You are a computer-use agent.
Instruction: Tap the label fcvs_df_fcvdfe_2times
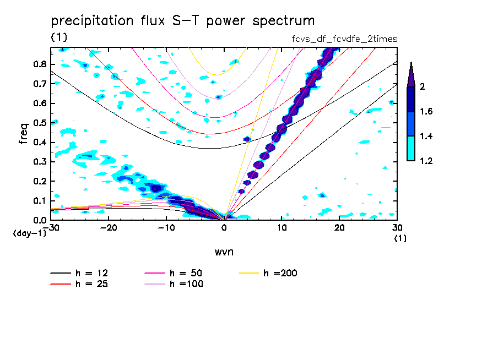click(345, 39)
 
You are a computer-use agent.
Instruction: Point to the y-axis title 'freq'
click(24, 134)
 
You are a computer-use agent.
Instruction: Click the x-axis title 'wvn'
click(224, 252)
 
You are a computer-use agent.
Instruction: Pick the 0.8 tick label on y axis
click(40, 64)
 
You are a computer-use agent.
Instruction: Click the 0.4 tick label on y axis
click(40, 142)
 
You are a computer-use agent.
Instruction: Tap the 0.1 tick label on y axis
click(40, 201)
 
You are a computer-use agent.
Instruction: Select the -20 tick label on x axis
click(109, 228)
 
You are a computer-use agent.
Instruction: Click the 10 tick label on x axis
click(282, 228)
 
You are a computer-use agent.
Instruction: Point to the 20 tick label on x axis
click(339, 228)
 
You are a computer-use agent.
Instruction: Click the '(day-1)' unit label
click(29, 233)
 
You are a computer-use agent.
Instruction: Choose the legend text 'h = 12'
click(92, 273)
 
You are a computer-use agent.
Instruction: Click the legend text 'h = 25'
click(92, 284)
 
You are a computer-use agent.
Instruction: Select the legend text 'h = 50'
click(186, 273)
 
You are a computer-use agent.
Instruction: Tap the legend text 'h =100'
click(186, 284)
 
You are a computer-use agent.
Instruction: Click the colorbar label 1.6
click(426, 111)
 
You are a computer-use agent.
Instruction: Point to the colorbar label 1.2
click(426, 161)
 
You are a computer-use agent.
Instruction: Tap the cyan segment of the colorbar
click(411, 148)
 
